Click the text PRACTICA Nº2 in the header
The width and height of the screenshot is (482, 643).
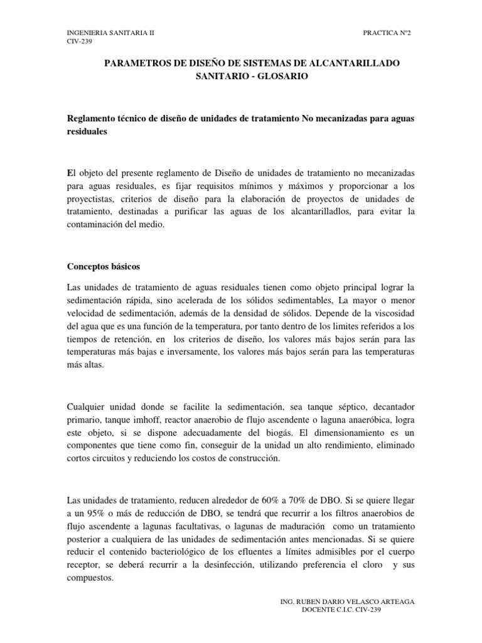[387, 32]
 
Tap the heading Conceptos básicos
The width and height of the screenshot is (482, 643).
[103, 266]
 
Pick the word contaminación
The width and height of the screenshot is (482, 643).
[98, 225]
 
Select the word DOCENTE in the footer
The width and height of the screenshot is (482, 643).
[320, 610]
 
